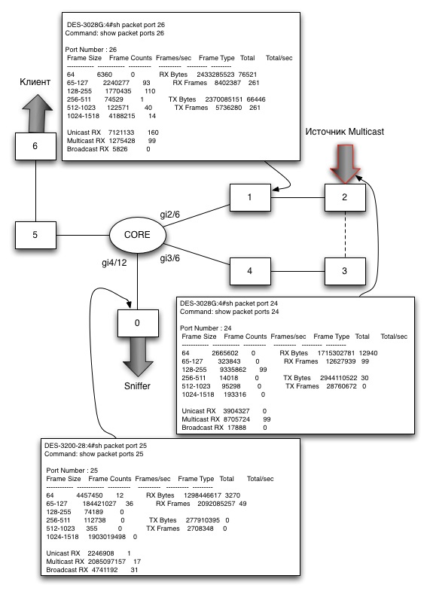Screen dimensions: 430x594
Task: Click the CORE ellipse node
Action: [x=138, y=235]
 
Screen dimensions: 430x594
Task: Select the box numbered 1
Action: [x=250, y=197]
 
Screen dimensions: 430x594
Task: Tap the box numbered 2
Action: [x=345, y=197]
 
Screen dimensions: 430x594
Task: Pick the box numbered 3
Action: [x=345, y=271]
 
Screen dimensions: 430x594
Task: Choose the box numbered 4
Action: [x=250, y=271]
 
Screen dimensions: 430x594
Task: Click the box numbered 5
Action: [x=35, y=235]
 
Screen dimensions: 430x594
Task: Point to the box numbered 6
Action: [x=35, y=146]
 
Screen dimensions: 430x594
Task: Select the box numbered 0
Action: [x=138, y=323]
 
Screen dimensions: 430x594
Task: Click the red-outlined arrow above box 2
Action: [x=345, y=163]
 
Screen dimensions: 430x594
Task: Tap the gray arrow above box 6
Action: [x=37, y=113]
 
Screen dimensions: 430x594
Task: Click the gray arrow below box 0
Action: [x=138, y=357]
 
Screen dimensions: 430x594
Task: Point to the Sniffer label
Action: [x=137, y=386]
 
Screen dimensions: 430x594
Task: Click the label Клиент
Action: [x=35, y=82]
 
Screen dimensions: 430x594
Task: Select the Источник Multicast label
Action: [x=344, y=132]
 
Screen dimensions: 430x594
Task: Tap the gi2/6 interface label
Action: [x=169, y=215]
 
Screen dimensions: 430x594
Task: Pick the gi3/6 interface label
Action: [x=169, y=258]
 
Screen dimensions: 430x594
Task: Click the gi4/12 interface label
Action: [x=114, y=263]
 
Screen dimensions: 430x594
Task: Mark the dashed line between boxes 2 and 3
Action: [x=345, y=234]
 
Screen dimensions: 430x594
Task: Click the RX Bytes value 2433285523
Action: [x=215, y=75]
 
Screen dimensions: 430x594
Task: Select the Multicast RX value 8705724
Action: [x=236, y=419]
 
